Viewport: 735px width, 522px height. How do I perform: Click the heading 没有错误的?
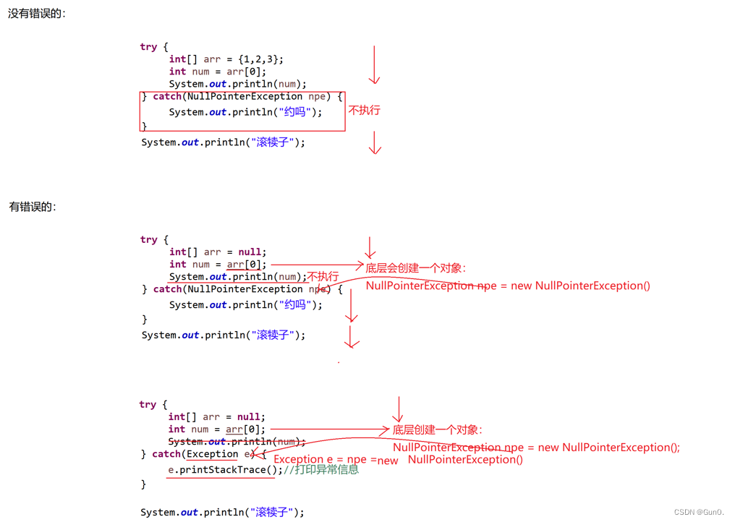click(36, 13)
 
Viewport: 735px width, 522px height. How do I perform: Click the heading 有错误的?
click(33, 207)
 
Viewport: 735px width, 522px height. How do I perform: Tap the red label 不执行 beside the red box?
click(364, 111)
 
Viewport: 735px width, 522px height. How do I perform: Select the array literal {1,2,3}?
click(260, 59)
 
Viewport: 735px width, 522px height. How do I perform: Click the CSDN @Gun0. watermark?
click(699, 512)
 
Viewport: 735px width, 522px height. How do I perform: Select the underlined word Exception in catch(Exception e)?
click(212, 454)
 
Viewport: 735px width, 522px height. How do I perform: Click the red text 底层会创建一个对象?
click(415, 268)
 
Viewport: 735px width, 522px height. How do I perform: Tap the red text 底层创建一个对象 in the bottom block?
click(437, 430)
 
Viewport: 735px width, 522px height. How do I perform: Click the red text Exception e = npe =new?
click(336, 460)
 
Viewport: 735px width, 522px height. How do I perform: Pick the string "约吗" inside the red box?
click(297, 112)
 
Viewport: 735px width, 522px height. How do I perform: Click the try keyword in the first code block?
click(148, 47)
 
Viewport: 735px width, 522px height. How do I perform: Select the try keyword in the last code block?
click(148, 405)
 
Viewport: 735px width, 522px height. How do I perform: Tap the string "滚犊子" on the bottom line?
click(271, 513)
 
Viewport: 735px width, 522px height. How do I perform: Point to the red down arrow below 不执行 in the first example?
click(375, 142)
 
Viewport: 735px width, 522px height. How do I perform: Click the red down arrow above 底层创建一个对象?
click(397, 409)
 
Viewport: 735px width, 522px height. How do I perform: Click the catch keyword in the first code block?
click(167, 96)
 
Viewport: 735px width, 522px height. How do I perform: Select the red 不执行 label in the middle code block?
click(323, 277)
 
